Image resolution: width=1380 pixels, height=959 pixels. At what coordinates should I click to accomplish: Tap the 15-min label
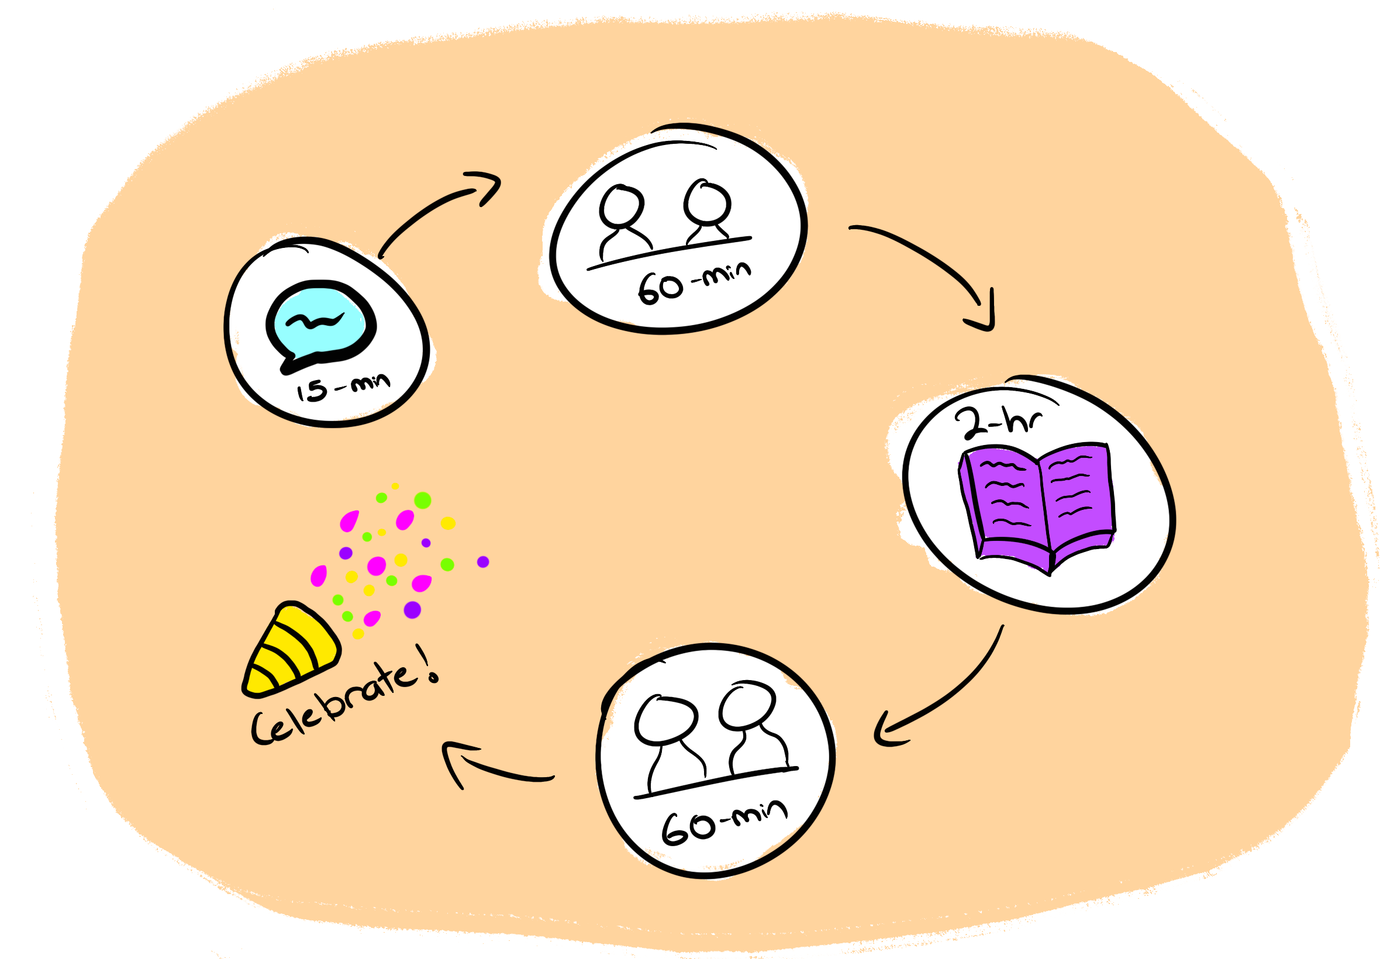click(343, 388)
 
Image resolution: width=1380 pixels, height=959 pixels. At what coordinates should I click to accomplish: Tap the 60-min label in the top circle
click(694, 281)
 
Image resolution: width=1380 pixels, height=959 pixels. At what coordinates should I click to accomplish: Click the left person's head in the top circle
click(622, 205)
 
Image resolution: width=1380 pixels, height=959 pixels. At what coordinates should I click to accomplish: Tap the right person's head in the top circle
click(708, 202)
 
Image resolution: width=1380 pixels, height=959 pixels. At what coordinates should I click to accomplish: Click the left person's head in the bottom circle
click(665, 720)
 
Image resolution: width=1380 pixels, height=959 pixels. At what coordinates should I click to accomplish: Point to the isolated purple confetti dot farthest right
click(483, 562)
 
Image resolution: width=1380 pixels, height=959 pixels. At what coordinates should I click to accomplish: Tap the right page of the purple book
click(1075, 493)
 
